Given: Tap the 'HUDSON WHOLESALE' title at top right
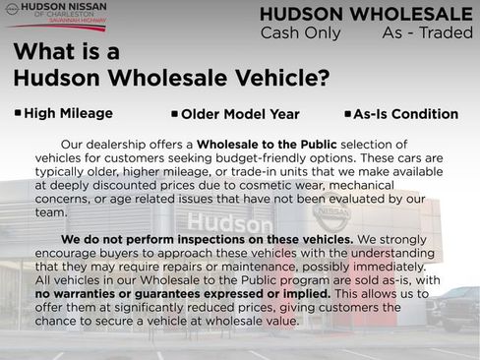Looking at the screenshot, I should pos(366,14).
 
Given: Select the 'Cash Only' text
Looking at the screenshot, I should pos(300,33).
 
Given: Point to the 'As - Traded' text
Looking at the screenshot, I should pos(427,33).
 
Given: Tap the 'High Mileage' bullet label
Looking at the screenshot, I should pos(68,114).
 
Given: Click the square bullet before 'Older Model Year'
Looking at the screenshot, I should pos(174,114).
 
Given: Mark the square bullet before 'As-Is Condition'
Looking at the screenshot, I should pos(347,114).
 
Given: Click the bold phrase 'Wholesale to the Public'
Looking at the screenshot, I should pos(267,145).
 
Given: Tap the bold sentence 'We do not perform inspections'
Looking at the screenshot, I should pos(207,239).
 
